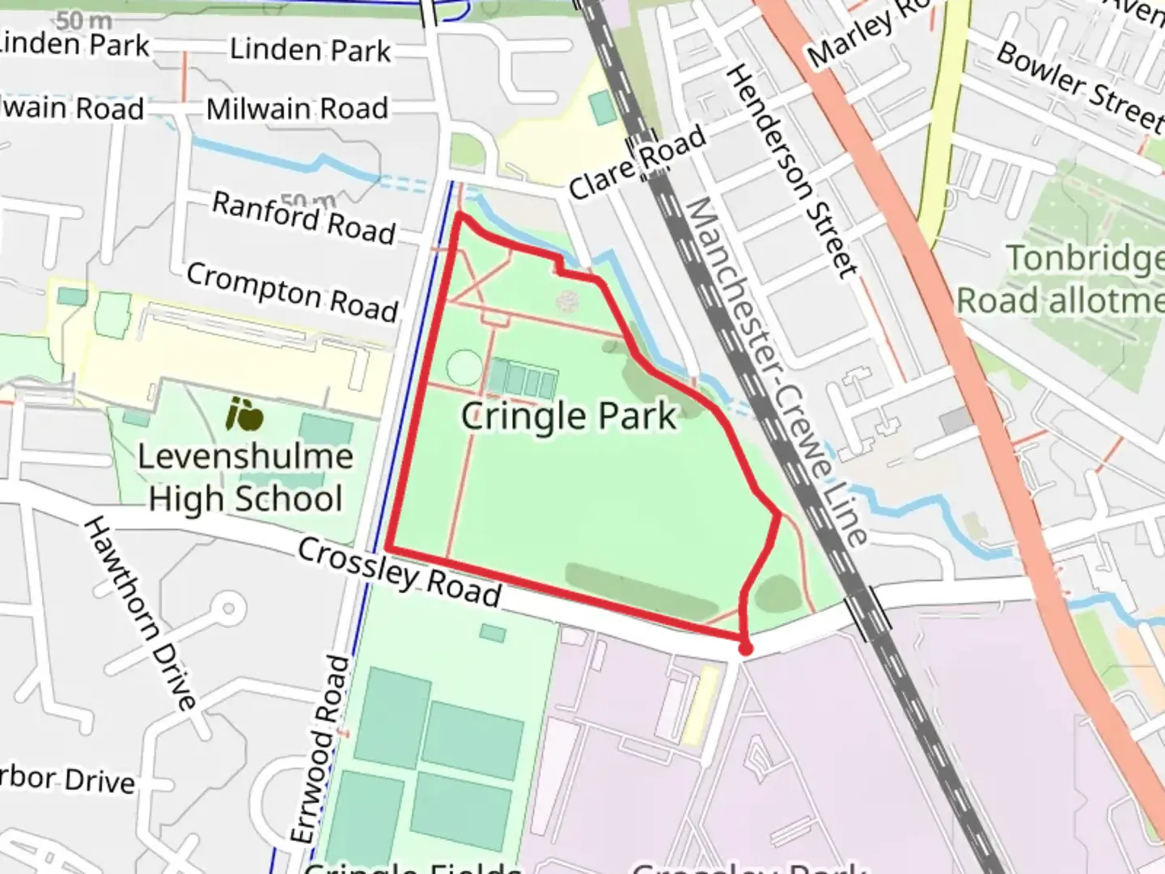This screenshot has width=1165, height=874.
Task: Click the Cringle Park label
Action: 569,416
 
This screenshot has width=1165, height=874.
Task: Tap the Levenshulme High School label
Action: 245,477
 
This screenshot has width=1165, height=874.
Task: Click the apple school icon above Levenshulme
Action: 244,414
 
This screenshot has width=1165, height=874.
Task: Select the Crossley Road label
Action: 400,572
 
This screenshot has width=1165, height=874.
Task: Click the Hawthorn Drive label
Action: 140,613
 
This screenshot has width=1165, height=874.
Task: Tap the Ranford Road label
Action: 304,217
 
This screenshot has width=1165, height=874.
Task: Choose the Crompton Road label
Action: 293,291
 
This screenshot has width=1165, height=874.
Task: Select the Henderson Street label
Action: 790,172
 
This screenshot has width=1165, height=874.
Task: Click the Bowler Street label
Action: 1079,85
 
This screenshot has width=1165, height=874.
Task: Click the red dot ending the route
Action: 745,647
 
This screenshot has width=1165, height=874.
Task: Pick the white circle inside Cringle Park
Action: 464,368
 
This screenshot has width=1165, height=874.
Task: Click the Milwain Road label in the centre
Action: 297,108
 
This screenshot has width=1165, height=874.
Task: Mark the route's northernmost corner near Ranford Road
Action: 460,214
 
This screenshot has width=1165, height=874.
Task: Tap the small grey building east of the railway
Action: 955,421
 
